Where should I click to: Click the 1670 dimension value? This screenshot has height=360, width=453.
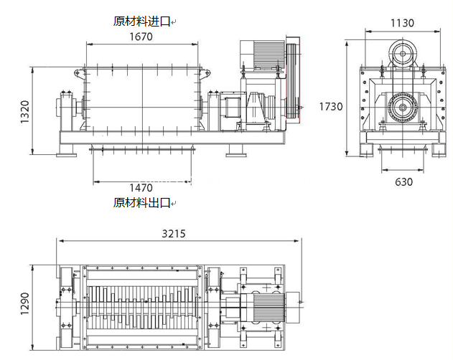[x=141, y=37]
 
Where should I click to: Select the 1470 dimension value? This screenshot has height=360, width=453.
[x=141, y=188]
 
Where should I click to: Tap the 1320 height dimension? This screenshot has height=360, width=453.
[x=25, y=112]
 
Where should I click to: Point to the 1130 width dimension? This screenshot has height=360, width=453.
[x=402, y=23]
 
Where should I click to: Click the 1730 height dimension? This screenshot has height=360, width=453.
[x=331, y=107]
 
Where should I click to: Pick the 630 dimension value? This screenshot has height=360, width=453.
[x=403, y=182]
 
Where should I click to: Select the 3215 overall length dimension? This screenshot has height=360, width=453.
[x=173, y=234]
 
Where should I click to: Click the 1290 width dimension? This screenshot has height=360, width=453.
[x=25, y=303]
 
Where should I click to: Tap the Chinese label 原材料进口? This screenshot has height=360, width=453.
[x=141, y=22]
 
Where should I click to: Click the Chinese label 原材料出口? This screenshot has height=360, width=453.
[x=141, y=203]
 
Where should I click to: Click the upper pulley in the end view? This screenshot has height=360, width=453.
[x=403, y=53]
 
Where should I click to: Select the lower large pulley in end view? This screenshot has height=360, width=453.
[x=403, y=108]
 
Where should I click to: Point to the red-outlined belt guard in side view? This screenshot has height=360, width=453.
[x=293, y=80]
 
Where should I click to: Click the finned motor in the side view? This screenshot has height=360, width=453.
[x=262, y=54]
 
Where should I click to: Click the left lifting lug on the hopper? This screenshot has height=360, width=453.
[x=78, y=72]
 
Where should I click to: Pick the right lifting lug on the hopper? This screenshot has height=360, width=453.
[x=205, y=72]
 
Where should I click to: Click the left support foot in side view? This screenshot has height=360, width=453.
[x=67, y=151]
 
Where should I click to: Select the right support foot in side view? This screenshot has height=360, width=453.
[x=236, y=151]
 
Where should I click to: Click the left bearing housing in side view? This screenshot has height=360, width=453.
[x=67, y=111]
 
